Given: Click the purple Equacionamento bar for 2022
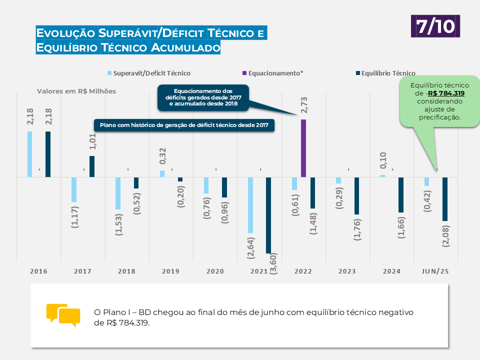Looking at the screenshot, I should coord(303,148).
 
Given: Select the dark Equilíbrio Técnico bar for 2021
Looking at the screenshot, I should coord(268,215).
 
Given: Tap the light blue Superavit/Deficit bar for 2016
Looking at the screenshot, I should coord(30,154).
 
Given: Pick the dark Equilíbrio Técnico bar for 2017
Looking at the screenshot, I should coord(92,166).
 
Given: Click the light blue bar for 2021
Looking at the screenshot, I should coord(250,205).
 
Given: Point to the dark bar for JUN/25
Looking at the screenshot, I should coord(444,199).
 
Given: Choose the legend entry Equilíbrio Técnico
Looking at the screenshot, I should coord(388,73).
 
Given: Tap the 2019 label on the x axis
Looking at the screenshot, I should coord(171,271).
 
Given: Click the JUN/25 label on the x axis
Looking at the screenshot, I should coord(434,271).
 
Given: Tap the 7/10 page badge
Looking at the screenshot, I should coord(435,26).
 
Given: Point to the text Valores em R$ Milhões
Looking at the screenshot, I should coord(76,91).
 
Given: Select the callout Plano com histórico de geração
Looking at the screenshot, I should coord(184,125).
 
